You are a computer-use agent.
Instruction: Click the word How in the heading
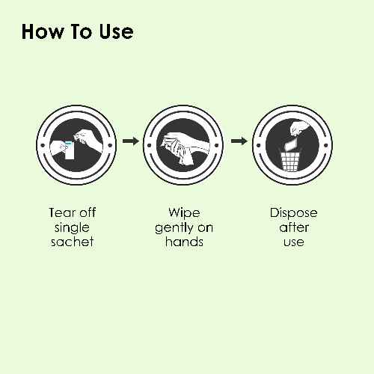[x=43, y=31]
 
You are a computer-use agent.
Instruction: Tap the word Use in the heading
[x=116, y=31]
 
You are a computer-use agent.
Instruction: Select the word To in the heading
[x=81, y=31]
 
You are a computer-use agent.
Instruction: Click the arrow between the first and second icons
[x=131, y=141]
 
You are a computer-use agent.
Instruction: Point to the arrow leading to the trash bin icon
[x=239, y=141]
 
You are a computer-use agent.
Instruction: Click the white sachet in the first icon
[x=70, y=150]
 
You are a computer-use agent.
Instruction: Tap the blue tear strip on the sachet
[x=68, y=143]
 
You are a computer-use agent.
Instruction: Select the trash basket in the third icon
[x=290, y=162]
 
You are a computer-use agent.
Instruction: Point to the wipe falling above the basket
[x=291, y=144]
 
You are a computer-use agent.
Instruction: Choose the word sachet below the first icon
[x=73, y=242]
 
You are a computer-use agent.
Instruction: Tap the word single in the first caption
[x=72, y=228]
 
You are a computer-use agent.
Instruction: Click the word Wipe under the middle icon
[x=184, y=213]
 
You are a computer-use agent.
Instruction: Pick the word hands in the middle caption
[x=184, y=242]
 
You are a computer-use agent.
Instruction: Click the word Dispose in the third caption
[x=293, y=213]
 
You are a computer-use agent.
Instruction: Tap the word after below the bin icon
[x=294, y=227]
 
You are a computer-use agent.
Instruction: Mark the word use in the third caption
[x=294, y=242]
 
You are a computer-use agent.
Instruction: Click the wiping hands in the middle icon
[x=183, y=148]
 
